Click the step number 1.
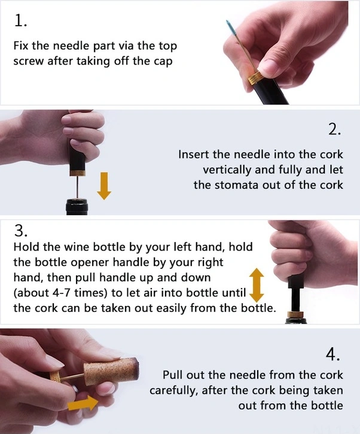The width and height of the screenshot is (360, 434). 20,21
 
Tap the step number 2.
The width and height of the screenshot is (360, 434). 334,129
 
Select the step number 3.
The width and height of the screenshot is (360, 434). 20,230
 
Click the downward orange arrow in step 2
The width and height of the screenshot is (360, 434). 104,186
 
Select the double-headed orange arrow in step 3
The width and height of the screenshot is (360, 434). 257,285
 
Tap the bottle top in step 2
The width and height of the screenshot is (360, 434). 77,206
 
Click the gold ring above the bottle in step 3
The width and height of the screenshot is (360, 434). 296,314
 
